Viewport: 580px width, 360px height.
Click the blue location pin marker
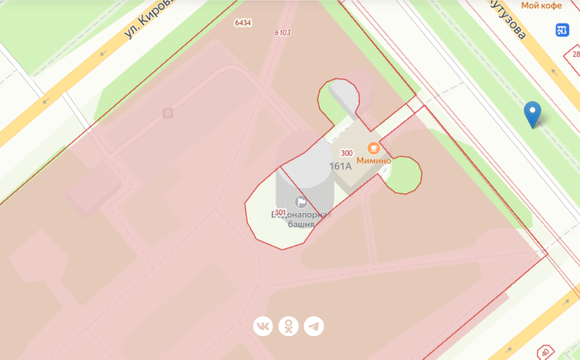point(532,113)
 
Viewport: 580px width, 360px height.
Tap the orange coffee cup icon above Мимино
point(373,148)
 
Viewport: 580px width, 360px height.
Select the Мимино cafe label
point(374,161)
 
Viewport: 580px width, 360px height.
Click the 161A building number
point(340,166)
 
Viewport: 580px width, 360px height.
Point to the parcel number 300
point(347,153)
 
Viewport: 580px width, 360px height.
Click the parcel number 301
point(281,212)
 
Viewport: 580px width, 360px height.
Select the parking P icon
point(168,114)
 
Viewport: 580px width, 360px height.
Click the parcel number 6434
point(243,23)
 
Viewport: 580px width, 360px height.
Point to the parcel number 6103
point(283,32)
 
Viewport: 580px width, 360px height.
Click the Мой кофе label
point(542,5)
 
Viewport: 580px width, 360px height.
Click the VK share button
point(263,326)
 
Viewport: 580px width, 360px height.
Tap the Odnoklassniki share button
point(288,326)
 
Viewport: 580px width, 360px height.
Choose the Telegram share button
point(314,326)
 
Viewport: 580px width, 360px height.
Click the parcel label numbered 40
point(544,352)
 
